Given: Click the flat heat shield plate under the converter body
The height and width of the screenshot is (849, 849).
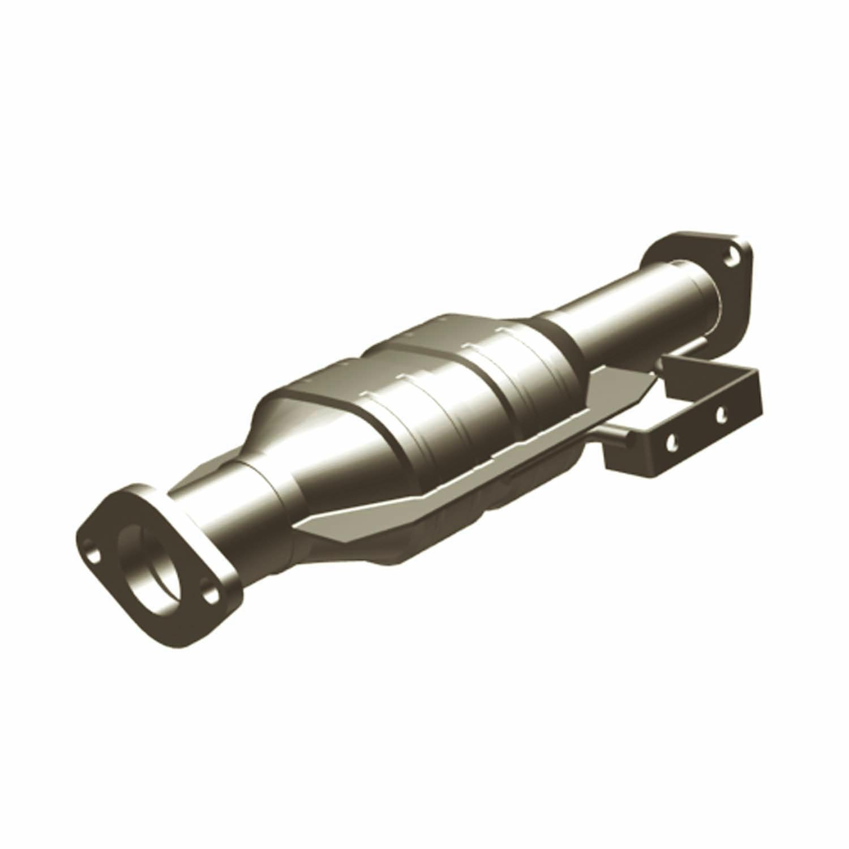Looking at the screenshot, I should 453,481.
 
